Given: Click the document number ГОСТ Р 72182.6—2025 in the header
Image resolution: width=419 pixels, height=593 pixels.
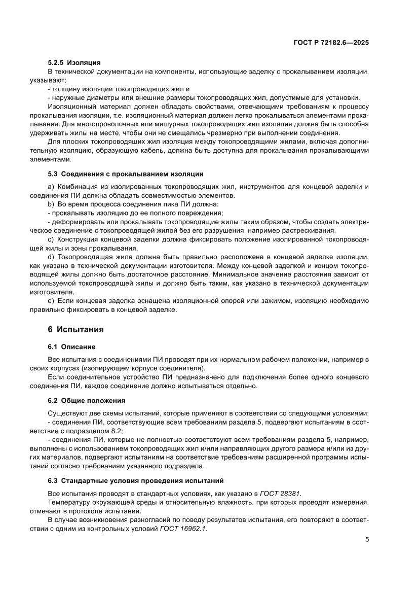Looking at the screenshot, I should (x=330, y=43).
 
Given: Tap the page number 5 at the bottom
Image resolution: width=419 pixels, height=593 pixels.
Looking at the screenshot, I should (x=366, y=539).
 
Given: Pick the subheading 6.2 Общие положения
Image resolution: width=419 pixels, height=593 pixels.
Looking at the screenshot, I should (x=83, y=400).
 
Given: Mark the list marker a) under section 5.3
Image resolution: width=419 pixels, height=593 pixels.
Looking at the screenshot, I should (x=51, y=187).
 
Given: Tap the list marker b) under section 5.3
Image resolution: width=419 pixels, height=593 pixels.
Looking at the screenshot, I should (x=51, y=203).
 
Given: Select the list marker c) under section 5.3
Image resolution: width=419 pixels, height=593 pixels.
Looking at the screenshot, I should (x=51, y=239).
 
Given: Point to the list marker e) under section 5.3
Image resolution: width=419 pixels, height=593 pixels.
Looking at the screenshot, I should (x=51, y=301).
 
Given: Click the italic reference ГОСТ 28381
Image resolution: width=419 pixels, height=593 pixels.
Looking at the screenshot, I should (x=284, y=493).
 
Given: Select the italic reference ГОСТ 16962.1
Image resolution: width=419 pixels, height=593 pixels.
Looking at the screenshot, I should (x=183, y=528).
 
